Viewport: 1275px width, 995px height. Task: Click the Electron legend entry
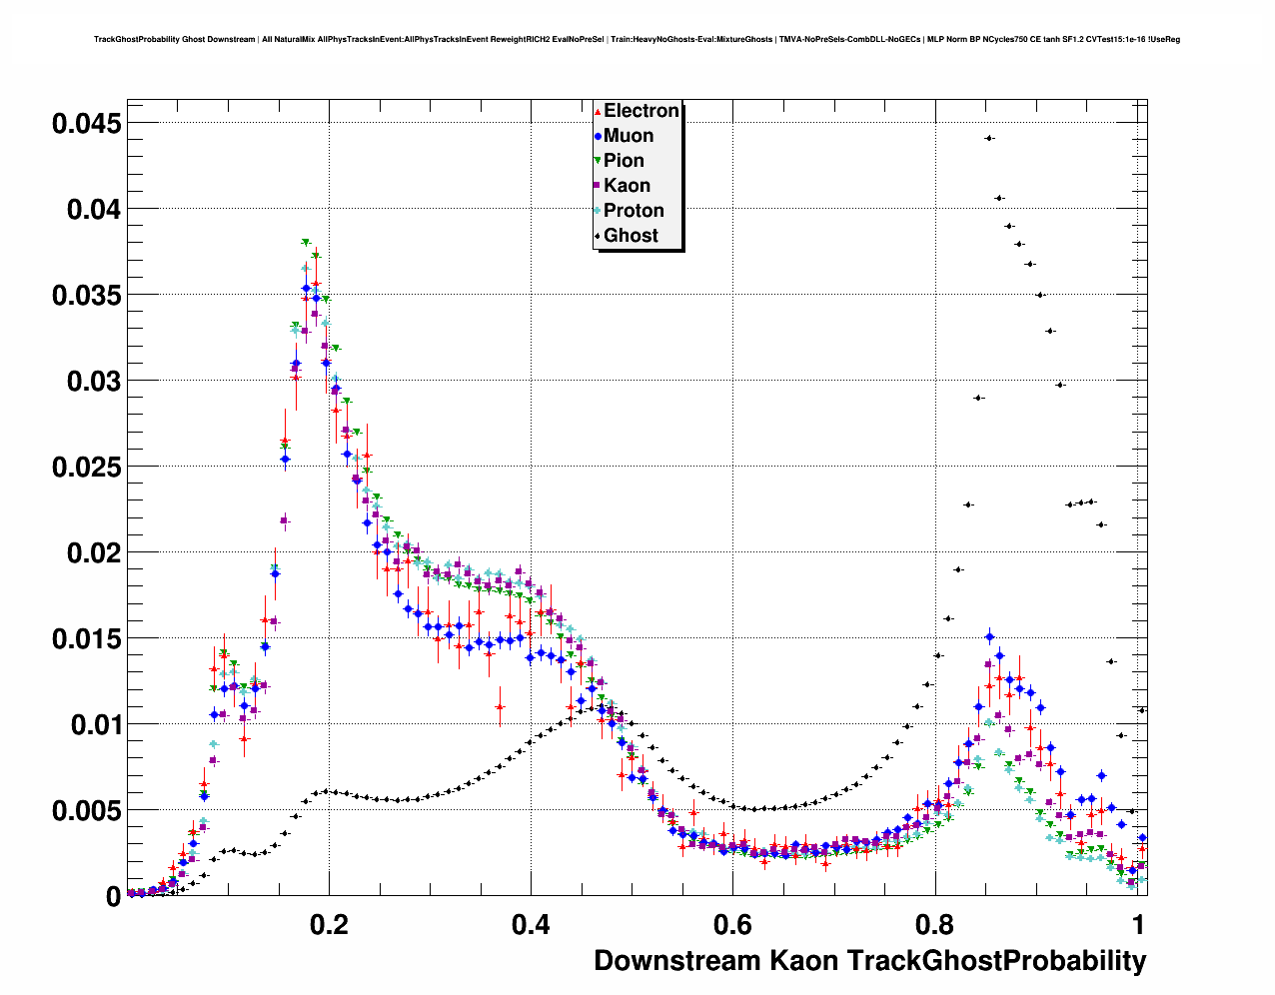coord(639,111)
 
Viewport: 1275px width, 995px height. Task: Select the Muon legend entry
coord(628,136)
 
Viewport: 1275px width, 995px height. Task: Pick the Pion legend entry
coord(624,161)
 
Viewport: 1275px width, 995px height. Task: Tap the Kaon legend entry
coord(627,186)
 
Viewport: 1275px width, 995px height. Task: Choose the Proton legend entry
coord(633,211)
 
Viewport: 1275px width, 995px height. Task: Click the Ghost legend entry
coord(631,236)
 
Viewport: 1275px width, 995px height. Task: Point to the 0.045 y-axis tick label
coord(87,124)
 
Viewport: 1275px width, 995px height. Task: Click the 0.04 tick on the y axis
coord(94,210)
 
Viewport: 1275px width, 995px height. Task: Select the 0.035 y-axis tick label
coord(87,296)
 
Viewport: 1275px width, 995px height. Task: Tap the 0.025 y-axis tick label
coord(87,468)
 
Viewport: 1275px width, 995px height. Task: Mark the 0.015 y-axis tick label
coord(87,639)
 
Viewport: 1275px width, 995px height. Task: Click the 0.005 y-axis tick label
coord(87,811)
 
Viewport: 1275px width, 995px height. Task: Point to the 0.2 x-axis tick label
coord(329,925)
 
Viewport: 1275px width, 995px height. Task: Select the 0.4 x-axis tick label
coord(531,925)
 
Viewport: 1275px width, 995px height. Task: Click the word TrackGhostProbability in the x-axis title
coord(996,961)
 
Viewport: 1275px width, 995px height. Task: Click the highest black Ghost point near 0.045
coord(989,138)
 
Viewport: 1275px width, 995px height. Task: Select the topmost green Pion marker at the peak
coord(306,243)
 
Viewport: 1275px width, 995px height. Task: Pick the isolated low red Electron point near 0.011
coord(500,707)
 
